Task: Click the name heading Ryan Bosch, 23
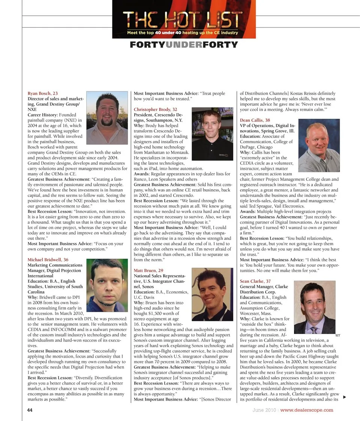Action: click(43, 93)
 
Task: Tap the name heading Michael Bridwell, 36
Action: click(48, 259)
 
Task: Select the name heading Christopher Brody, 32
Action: click(156, 109)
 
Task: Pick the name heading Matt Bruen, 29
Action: click(148, 270)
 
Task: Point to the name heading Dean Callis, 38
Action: click(255, 120)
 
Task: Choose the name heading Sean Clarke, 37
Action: click(255, 281)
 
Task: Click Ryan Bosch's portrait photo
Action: click(107, 118)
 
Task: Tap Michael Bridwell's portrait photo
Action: click(107, 285)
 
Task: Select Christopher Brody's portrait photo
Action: click(212, 134)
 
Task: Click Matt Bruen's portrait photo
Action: click(212, 294)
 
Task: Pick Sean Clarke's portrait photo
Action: click(315, 307)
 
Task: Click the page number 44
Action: click(30, 410)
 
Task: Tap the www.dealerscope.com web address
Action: click(307, 410)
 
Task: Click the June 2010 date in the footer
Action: click(264, 410)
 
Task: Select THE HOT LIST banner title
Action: click(183, 19)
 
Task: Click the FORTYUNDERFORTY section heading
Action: click(184, 45)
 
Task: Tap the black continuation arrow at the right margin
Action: click(345, 397)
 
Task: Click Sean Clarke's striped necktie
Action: click(313, 330)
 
